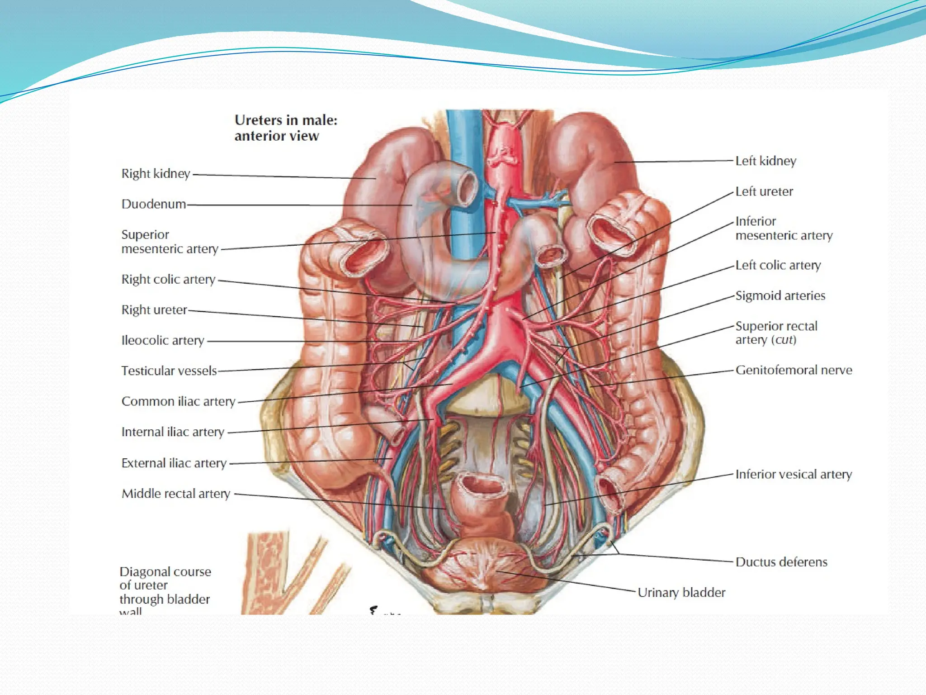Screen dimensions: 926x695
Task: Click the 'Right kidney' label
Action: coord(156,174)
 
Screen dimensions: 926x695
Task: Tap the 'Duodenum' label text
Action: coord(154,204)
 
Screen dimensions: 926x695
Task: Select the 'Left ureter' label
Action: coord(764,191)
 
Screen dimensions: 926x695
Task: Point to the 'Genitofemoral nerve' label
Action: coord(794,370)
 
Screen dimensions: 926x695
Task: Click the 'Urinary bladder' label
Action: coord(681,592)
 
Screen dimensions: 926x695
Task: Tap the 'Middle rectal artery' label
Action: coord(176,494)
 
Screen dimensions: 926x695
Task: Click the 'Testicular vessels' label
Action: coord(169,371)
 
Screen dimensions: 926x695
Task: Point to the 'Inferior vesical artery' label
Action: coord(794,474)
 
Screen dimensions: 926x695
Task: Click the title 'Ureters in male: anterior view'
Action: coord(286,128)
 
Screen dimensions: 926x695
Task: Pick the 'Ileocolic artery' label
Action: coord(163,340)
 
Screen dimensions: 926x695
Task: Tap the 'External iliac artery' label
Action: coord(174,463)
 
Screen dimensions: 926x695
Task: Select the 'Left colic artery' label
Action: coord(778,265)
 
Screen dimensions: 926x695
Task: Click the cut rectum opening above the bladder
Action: coord(482,486)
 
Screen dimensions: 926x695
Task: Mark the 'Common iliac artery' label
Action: coord(178,401)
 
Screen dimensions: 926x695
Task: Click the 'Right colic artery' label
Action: coord(168,280)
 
